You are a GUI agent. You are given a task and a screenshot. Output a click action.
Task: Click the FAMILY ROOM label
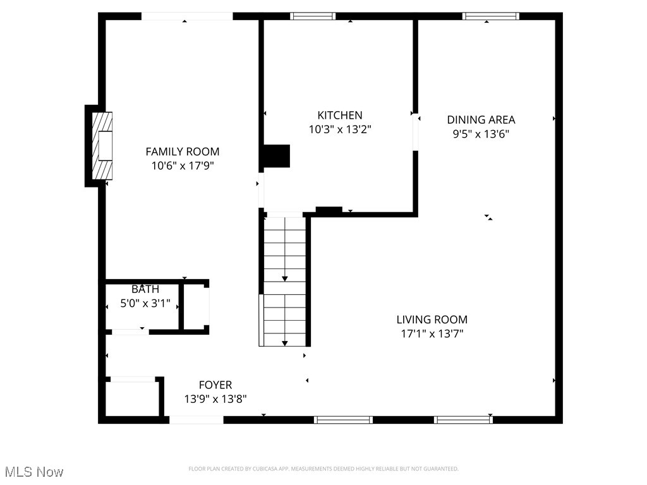[183, 152]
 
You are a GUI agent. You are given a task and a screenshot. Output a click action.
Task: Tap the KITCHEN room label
[339, 115]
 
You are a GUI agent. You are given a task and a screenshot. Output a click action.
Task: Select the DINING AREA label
[481, 119]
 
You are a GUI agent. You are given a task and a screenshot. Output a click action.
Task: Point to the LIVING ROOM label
[432, 320]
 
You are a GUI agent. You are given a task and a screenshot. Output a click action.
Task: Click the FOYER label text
[215, 385]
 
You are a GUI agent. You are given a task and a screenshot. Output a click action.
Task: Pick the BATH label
[145, 289]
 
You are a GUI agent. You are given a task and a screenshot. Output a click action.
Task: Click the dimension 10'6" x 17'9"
[183, 166]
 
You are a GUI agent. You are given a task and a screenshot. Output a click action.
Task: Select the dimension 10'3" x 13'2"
[339, 129]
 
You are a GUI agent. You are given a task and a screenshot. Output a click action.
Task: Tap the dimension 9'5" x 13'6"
[481, 134]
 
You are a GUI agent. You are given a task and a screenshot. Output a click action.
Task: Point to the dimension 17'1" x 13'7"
[432, 334]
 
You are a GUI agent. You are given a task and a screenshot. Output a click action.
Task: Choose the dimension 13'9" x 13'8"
[215, 399]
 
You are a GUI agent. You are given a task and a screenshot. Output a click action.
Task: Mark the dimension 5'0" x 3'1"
[145, 304]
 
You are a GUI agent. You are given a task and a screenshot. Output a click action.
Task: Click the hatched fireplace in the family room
[102, 146]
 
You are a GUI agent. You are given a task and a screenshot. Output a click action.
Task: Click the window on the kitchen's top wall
[313, 16]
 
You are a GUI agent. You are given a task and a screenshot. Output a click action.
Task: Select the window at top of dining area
[491, 16]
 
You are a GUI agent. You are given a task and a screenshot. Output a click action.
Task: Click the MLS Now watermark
[34, 472]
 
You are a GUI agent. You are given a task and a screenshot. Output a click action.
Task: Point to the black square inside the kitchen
[276, 156]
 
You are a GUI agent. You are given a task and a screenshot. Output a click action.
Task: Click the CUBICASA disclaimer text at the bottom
[323, 469]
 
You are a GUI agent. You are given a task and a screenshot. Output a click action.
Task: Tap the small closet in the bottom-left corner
[131, 398]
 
